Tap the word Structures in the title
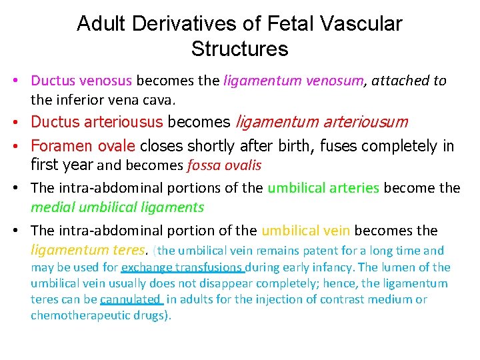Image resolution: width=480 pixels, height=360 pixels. click(239, 49)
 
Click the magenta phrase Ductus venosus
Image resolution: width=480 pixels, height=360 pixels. click(82, 81)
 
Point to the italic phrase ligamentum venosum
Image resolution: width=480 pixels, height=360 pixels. click(294, 81)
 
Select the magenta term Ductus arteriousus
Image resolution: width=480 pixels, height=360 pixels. click(97, 123)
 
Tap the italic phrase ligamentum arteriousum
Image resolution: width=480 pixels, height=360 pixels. click(322, 123)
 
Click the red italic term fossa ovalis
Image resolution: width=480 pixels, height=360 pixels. click(224, 165)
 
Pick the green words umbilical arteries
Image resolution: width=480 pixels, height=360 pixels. click(323, 188)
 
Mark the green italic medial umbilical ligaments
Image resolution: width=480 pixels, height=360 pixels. click(117, 207)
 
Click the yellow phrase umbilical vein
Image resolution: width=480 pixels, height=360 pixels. click(306, 231)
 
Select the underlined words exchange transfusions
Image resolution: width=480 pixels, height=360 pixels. click(182, 267)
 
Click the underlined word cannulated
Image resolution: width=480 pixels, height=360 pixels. click(131, 299)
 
